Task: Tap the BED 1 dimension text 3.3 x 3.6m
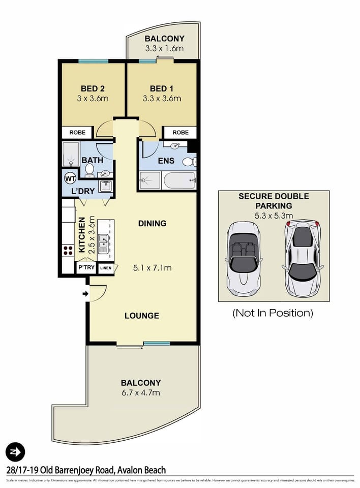pos(162,99)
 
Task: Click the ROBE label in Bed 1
pos(180,132)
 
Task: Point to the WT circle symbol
pos(70,179)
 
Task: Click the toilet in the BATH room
pos(89,169)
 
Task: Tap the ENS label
pos(166,161)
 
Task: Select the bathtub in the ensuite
pos(178,180)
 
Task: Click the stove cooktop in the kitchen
pos(68,250)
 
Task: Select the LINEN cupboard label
pos(105,268)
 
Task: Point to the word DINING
pos(152,223)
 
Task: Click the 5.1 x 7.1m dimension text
pos(152,267)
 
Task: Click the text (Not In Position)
pos(273,313)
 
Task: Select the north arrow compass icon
pos(15,451)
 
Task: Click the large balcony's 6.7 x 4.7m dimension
pos(141,393)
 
